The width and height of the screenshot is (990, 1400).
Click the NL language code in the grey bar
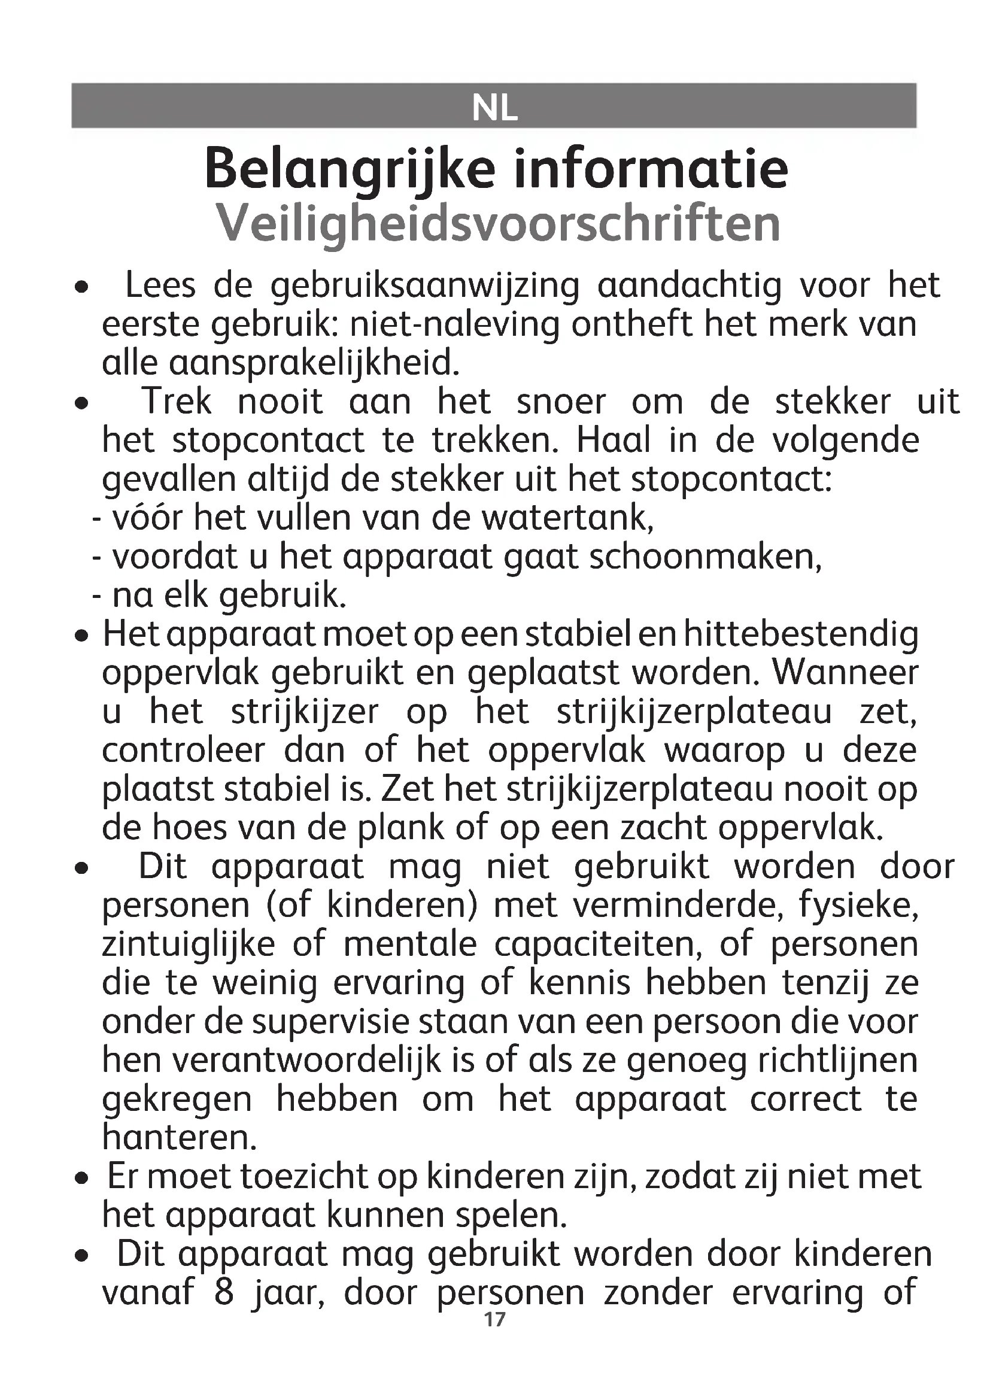click(x=494, y=108)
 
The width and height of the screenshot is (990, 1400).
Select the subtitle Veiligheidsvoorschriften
click(x=498, y=223)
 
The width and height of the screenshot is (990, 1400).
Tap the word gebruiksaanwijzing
click(x=424, y=287)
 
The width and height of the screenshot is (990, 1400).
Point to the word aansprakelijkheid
click(x=280, y=363)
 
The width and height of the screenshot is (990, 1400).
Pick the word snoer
click(x=561, y=402)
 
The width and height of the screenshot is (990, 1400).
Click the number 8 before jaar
click(x=224, y=1293)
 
